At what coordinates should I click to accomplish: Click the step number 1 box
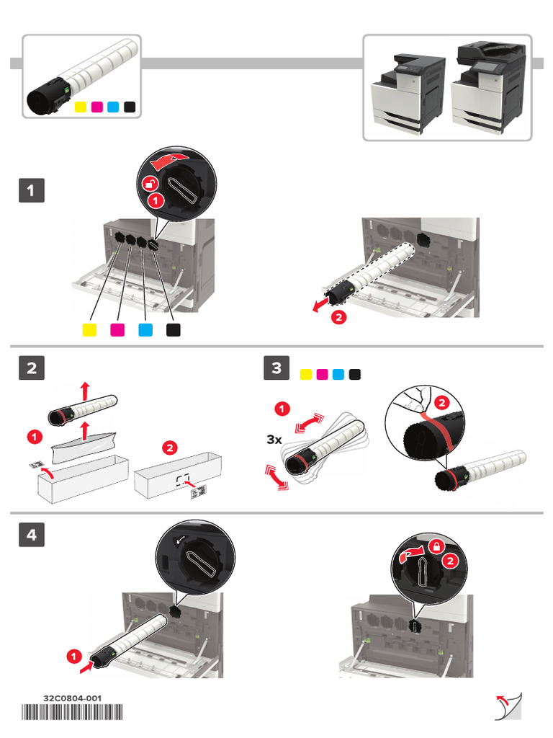click(31, 191)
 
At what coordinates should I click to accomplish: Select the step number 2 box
click(31, 368)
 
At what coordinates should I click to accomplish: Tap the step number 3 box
click(276, 368)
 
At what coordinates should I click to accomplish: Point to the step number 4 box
click(31, 535)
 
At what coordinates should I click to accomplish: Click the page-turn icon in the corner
click(508, 707)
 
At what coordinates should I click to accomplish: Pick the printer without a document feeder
click(408, 92)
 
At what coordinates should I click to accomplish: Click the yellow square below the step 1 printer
click(90, 329)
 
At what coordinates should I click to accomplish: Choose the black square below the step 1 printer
click(174, 329)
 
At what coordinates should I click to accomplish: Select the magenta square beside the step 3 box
click(322, 374)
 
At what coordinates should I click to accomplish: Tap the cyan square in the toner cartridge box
click(112, 107)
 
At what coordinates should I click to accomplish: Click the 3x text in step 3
click(274, 439)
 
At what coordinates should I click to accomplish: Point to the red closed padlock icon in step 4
click(436, 547)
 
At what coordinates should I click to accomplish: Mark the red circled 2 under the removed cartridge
click(338, 316)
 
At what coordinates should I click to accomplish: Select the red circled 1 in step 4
click(73, 656)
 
